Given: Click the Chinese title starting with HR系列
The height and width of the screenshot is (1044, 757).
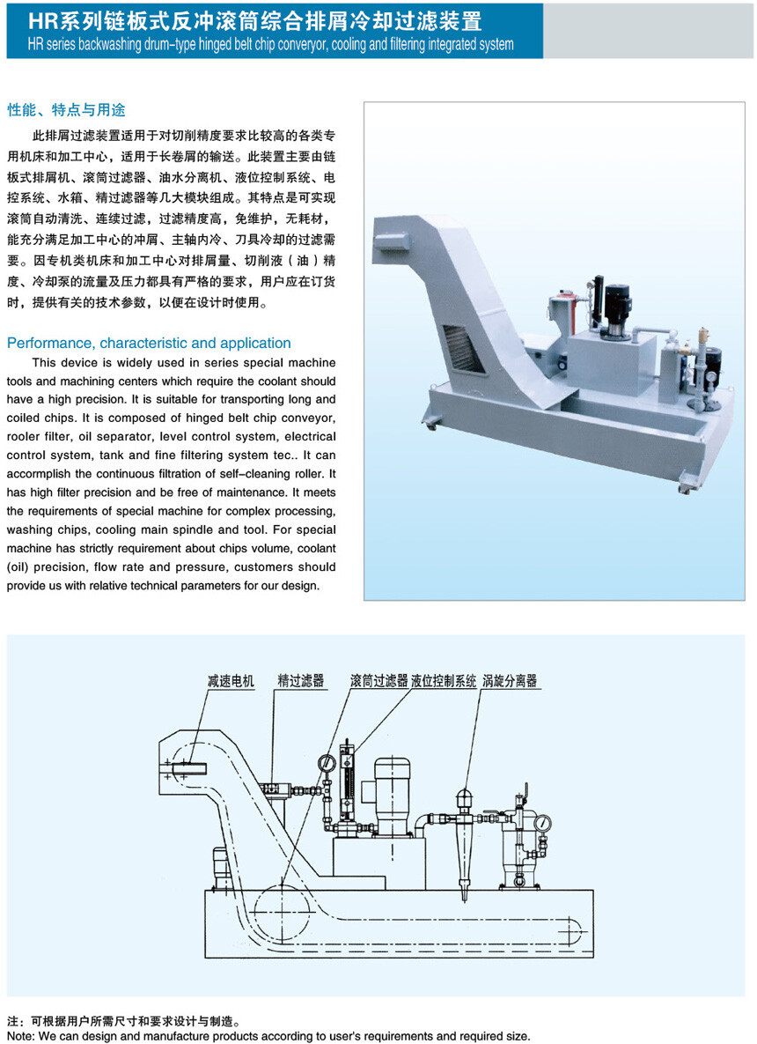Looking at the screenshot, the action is [254, 21].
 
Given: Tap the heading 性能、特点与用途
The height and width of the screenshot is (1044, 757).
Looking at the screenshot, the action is [67, 110].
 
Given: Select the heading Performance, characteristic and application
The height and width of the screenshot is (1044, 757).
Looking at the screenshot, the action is [149, 343].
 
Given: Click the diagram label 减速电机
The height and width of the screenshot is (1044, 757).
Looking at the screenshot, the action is [231, 680].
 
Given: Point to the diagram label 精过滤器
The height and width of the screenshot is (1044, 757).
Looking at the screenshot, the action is [301, 680].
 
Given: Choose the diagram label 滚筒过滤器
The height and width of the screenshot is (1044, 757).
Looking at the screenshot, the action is [378, 680].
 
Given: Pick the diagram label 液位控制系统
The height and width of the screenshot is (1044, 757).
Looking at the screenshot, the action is [444, 680].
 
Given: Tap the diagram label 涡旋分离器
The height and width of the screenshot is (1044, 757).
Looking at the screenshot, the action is [510, 680].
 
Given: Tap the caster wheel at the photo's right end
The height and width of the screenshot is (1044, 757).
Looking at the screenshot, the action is [684, 487].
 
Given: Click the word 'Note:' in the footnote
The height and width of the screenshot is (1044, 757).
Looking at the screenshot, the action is [21, 1036].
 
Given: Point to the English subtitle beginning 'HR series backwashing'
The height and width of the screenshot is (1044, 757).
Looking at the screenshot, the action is [271, 45].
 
